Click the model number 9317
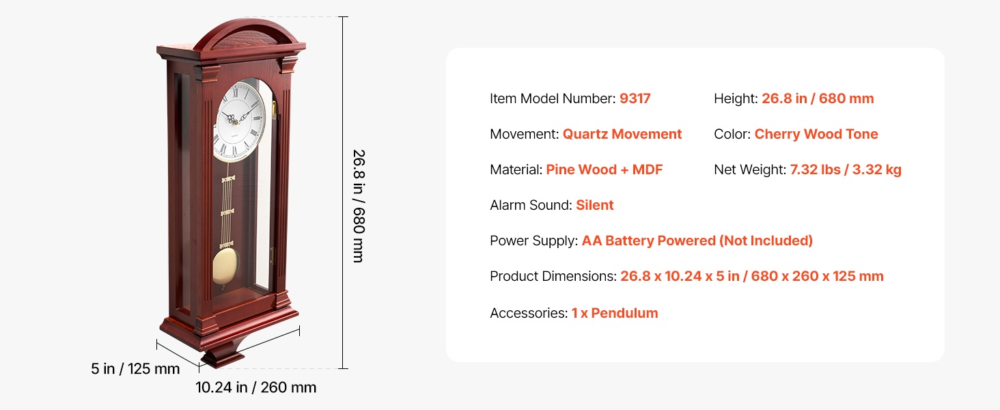pos(635,98)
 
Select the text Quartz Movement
pos(622,134)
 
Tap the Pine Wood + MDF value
pos(604,169)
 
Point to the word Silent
pos(595,205)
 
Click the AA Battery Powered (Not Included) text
pos(697,241)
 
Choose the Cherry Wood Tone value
pos(816,134)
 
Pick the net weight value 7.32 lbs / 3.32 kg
pos(846,169)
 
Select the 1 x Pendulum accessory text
pos(615,313)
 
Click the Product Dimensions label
pos(553,276)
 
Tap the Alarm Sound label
pos(531,205)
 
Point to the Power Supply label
pos(534,241)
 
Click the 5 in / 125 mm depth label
pos(135,369)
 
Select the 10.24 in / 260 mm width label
pos(255,387)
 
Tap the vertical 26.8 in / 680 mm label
pos(359,206)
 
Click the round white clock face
pos(239,121)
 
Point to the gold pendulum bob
pos(225,266)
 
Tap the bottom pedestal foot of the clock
pos(223,357)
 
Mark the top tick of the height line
pos(343,17)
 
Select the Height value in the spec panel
pos(818,98)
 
